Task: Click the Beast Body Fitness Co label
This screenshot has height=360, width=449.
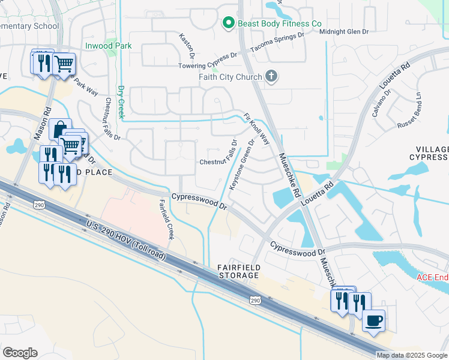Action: tap(280, 23)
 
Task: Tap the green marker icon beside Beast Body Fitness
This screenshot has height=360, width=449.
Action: tap(228, 23)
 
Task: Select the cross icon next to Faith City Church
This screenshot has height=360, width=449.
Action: tap(271, 76)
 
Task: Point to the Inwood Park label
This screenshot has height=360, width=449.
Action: tap(108, 46)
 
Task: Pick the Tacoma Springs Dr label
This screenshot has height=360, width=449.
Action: tap(277, 42)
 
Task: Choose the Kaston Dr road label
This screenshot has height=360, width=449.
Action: tap(184, 46)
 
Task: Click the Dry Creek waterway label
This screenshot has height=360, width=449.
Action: tap(120, 100)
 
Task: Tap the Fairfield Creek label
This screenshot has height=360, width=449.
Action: tap(166, 220)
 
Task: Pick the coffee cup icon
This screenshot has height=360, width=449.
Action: tap(375, 320)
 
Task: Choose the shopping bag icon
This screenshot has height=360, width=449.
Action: tap(60, 129)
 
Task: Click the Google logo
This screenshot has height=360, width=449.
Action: tap(20, 353)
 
